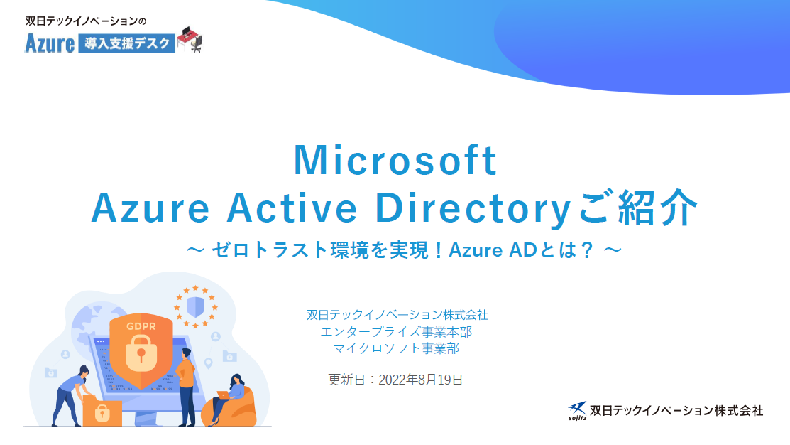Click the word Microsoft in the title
click(395, 160)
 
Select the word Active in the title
click(292, 208)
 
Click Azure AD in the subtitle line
click(492, 250)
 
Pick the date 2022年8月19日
click(421, 380)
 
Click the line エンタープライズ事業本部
click(396, 331)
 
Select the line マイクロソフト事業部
click(396, 348)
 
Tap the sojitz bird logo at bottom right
click(577, 410)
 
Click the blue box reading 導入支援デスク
click(126, 43)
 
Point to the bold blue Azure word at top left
click(50, 43)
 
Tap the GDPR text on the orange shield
click(141, 326)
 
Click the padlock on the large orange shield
click(141, 351)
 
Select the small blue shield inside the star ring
click(195, 306)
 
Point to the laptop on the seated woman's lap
click(223, 395)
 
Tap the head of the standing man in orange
click(187, 353)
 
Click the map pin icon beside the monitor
click(208, 363)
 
